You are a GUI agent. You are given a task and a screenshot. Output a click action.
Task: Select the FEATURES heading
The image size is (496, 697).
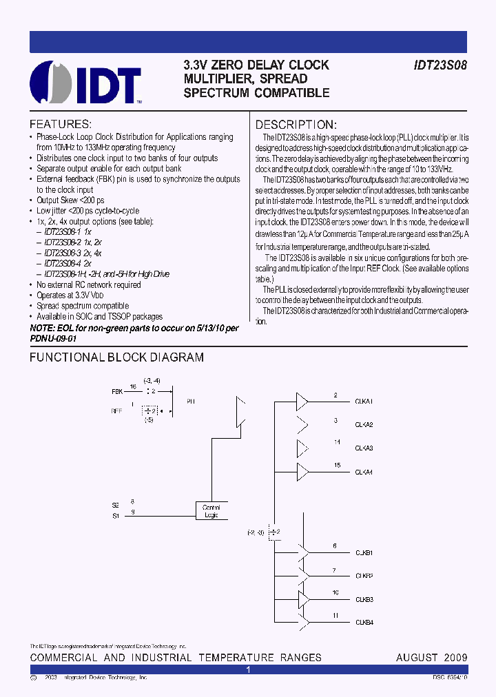click(x=60, y=125)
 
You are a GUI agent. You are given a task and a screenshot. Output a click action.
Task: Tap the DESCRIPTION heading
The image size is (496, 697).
click(x=296, y=125)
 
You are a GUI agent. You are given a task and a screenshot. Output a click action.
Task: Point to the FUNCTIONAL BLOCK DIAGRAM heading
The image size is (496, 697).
click(x=116, y=357)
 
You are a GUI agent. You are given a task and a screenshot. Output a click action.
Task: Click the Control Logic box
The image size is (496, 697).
click(x=211, y=511)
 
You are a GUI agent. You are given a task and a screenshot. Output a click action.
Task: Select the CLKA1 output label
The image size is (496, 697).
click(x=364, y=402)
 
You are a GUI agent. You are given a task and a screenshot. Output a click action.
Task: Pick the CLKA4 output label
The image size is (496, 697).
click(x=364, y=472)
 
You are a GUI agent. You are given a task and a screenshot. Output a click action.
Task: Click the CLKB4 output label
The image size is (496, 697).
click(x=364, y=623)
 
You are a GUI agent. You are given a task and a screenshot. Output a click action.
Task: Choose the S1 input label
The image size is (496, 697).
click(x=115, y=515)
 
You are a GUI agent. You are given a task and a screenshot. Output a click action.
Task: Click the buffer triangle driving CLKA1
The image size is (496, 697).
click(x=302, y=401)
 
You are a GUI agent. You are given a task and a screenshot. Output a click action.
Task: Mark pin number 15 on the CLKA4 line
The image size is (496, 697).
click(x=336, y=466)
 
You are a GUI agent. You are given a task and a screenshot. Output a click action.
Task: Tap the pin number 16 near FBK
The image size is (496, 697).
click(x=134, y=387)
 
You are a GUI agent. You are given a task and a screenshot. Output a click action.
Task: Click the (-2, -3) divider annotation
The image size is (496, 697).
click(x=256, y=532)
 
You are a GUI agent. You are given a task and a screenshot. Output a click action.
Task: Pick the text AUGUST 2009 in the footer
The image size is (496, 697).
click(x=432, y=658)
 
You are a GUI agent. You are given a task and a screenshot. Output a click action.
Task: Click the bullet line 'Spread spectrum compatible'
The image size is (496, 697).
click(x=83, y=306)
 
